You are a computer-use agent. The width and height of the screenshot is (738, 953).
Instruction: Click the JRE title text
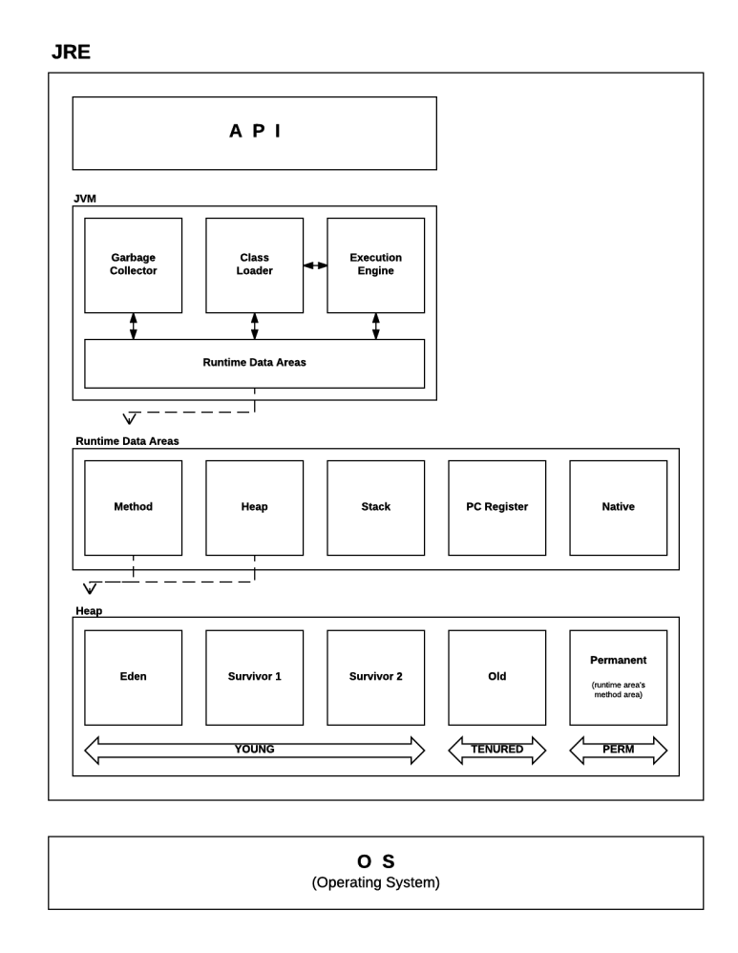point(71,52)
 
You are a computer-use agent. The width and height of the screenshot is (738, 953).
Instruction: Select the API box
point(254,133)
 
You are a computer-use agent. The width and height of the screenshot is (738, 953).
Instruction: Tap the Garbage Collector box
point(133,265)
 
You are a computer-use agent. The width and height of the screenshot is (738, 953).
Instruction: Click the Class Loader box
point(254,265)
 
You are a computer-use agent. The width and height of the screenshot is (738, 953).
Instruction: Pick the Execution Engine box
point(376,265)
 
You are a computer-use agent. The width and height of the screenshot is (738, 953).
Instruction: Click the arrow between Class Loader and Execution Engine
point(315,265)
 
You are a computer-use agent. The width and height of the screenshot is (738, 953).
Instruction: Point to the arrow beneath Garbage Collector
point(133,327)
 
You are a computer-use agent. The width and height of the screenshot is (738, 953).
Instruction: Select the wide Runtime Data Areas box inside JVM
point(254,364)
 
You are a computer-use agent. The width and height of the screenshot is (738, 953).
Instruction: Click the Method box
point(133,507)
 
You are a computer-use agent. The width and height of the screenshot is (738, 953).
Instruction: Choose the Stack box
point(376,507)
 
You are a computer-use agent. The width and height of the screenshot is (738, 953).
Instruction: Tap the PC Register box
point(496,507)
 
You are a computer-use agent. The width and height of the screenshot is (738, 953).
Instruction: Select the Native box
point(619,507)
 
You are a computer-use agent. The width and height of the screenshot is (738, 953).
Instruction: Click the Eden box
point(133,678)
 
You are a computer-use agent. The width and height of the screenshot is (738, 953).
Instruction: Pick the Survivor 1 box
point(254,678)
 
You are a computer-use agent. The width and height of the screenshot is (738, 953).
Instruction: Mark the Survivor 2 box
point(376,678)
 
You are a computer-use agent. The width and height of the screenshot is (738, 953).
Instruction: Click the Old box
point(496,678)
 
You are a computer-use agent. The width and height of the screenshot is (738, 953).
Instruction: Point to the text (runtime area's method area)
point(619,689)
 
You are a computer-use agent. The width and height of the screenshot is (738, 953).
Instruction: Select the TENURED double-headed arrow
point(496,750)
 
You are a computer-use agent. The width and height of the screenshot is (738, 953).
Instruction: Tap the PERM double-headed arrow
point(619,750)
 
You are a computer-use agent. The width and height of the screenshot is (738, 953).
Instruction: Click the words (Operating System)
point(376,882)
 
